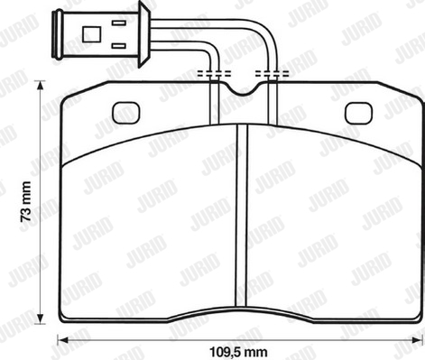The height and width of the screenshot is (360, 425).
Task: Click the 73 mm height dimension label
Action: click(25, 201)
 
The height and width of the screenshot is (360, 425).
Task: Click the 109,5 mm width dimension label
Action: click(238, 352)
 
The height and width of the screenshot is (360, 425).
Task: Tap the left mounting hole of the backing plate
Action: click(126, 113)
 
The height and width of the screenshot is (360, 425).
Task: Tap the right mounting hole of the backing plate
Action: click(358, 113)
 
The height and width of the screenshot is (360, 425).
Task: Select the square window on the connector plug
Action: click(92, 34)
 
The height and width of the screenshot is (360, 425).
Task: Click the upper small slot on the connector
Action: click(119, 23)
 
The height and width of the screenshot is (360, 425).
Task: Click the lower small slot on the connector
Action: click(119, 46)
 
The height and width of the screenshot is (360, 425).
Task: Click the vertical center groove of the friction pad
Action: click(242, 216)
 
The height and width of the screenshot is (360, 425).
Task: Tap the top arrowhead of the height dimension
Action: click(40, 87)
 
